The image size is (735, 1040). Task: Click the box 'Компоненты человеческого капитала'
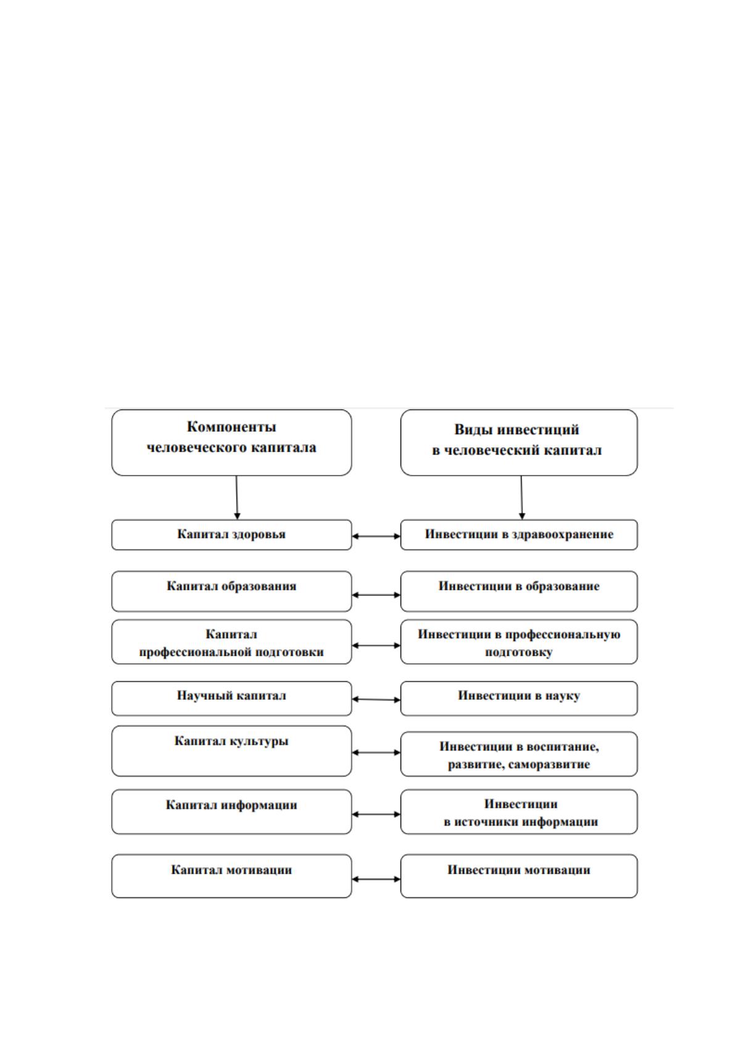[231, 442]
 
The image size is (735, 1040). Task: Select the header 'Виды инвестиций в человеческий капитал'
[519, 442]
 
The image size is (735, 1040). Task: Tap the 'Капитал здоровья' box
[231, 534]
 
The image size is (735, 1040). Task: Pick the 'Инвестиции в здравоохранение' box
[519, 534]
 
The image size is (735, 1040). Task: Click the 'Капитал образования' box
[231, 591]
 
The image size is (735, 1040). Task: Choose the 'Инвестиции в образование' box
[519, 591]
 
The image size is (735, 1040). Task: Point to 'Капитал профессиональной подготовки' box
[231, 642]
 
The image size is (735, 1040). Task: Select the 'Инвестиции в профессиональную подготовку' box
[519, 642]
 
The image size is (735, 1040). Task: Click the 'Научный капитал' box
[231, 698]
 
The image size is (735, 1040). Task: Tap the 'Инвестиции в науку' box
[519, 698]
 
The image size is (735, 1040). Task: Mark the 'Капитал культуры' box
[231, 751]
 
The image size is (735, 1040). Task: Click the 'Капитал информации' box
[231, 811]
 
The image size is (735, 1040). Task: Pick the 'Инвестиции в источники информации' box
[519, 811]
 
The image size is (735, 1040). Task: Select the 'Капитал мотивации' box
[231, 876]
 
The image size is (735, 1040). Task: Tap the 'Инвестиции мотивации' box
[519, 876]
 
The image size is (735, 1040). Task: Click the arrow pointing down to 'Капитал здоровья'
[236, 497]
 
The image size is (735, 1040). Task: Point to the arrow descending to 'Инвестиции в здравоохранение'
[521, 497]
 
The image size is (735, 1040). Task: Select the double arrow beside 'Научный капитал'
[376, 699]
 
